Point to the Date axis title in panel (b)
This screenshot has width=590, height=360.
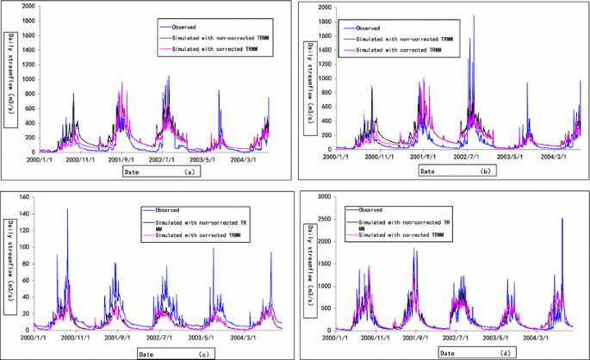coord(429,171)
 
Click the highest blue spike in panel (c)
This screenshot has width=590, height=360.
coord(67,210)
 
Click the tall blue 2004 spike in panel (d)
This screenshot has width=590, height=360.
coord(562,220)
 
